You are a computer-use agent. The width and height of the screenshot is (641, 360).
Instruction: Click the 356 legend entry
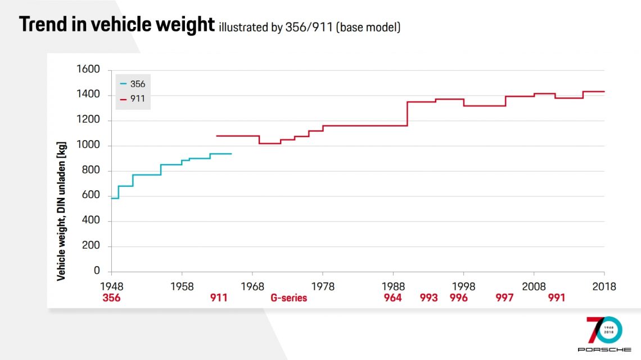point(133,84)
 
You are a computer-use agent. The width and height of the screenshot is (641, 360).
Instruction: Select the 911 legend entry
point(133,98)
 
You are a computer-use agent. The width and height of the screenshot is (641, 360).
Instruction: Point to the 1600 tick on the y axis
point(88,70)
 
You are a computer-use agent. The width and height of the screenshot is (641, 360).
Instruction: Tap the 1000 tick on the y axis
point(88,146)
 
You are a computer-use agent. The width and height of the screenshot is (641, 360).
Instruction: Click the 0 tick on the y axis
point(97,272)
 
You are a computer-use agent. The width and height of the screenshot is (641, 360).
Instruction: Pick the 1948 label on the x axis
point(111,286)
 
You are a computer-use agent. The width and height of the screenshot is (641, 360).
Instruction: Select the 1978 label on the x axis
point(323,286)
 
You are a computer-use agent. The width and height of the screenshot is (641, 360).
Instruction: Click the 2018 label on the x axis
point(604,286)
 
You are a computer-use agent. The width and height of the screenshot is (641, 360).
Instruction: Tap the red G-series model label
point(289,298)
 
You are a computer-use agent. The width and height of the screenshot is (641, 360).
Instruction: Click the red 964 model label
point(393,298)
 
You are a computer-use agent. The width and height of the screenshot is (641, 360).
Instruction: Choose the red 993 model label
point(428,298)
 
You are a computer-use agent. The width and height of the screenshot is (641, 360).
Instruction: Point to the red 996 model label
point(459,298)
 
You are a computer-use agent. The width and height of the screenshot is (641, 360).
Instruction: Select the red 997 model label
point(504,298)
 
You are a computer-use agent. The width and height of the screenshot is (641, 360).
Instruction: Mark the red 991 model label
point(556,298)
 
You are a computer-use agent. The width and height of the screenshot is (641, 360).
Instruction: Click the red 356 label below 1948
point(111,298)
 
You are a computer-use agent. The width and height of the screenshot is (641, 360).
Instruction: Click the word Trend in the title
point(43,25)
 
